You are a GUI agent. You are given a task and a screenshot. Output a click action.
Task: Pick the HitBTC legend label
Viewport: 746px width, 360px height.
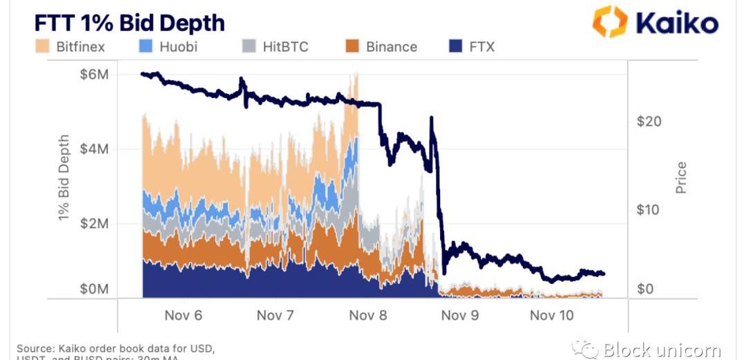click(285, 47)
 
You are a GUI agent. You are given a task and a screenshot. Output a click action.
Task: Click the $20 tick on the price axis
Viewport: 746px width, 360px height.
click(649, 122)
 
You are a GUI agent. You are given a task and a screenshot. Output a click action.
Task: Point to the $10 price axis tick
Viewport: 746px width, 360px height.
click(649, 209)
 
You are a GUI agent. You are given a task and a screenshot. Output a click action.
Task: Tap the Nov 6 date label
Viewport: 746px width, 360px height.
click(183, 316)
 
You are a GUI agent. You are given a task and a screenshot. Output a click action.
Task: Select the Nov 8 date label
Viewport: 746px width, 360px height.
click(367, 316)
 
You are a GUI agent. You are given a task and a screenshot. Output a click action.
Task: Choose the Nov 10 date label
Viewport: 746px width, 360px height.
click(551, 316)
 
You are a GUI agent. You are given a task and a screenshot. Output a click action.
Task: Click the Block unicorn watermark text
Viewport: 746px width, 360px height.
click(662, 350)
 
